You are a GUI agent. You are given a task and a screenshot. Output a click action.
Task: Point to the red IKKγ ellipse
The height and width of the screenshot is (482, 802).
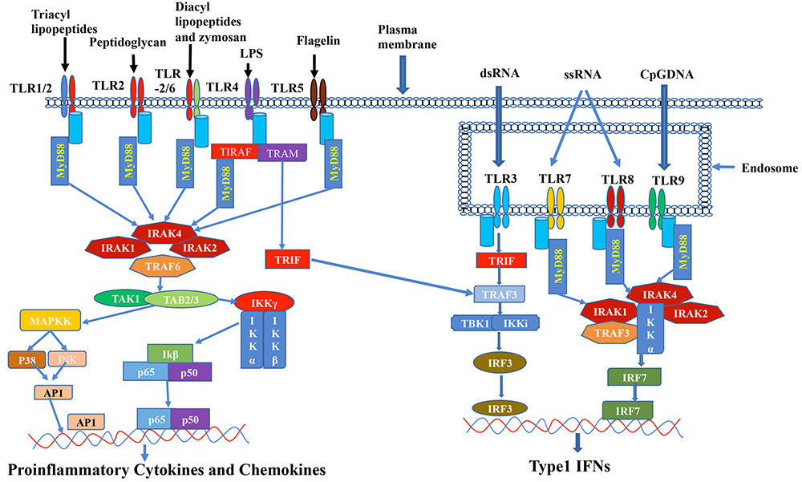(261, 302)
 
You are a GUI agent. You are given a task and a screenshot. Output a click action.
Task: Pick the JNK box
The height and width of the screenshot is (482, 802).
(68, 361)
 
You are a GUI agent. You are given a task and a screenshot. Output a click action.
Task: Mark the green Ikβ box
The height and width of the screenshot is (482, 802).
(170, 353)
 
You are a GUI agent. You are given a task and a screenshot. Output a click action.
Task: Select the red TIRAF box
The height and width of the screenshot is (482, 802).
(234, 152)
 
